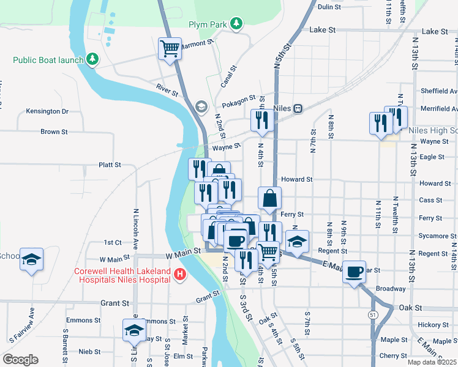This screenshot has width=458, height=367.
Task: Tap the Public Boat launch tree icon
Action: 92,59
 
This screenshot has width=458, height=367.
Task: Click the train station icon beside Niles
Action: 298,108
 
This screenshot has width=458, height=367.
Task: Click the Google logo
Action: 20,360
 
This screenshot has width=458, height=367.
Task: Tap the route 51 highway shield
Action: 373,313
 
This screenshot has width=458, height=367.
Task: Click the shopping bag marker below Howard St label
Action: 270,198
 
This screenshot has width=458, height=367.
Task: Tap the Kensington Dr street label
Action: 47,111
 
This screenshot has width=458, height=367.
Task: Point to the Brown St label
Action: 54,132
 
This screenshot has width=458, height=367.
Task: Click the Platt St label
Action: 110,165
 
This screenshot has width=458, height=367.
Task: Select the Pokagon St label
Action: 239,99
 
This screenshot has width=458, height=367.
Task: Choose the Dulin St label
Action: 329,7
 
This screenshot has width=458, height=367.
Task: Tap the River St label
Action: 167,90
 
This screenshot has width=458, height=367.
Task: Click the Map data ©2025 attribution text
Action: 432,362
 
